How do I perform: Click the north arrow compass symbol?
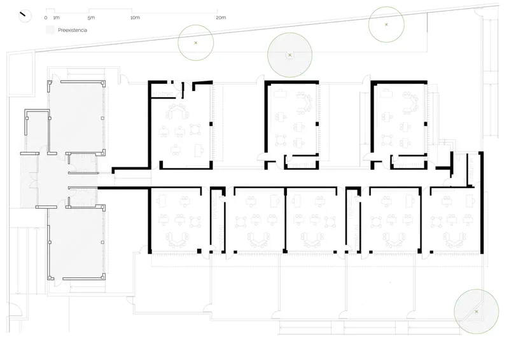(x=25, y=15)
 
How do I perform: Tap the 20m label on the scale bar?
(x=221, y=18)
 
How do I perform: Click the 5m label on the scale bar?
(x=91, y=18)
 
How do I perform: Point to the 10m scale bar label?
(x=135, y=18)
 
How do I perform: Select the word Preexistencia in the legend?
(x=73, y=30)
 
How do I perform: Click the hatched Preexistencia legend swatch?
(x=50, y=30)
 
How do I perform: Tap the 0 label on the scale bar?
(x=46, y=18)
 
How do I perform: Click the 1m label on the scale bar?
(x=57, y=18)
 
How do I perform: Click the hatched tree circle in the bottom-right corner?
(x=476, y=311)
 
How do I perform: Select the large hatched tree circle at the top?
(x=290, y=55)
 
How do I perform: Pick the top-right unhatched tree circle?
(x=386, y=24)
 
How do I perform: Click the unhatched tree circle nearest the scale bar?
(x=196, y=43)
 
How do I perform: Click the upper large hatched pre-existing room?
(x=77, y=117)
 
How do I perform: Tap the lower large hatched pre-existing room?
(x=77, y=242)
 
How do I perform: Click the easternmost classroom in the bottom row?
(x=455, y=220)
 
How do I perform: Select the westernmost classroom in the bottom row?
(x=179, y=220)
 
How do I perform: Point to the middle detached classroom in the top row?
(x=292, y=125)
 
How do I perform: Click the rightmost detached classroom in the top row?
(x=399, y=125)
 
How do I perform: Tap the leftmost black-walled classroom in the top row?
(x=181, y=125)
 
